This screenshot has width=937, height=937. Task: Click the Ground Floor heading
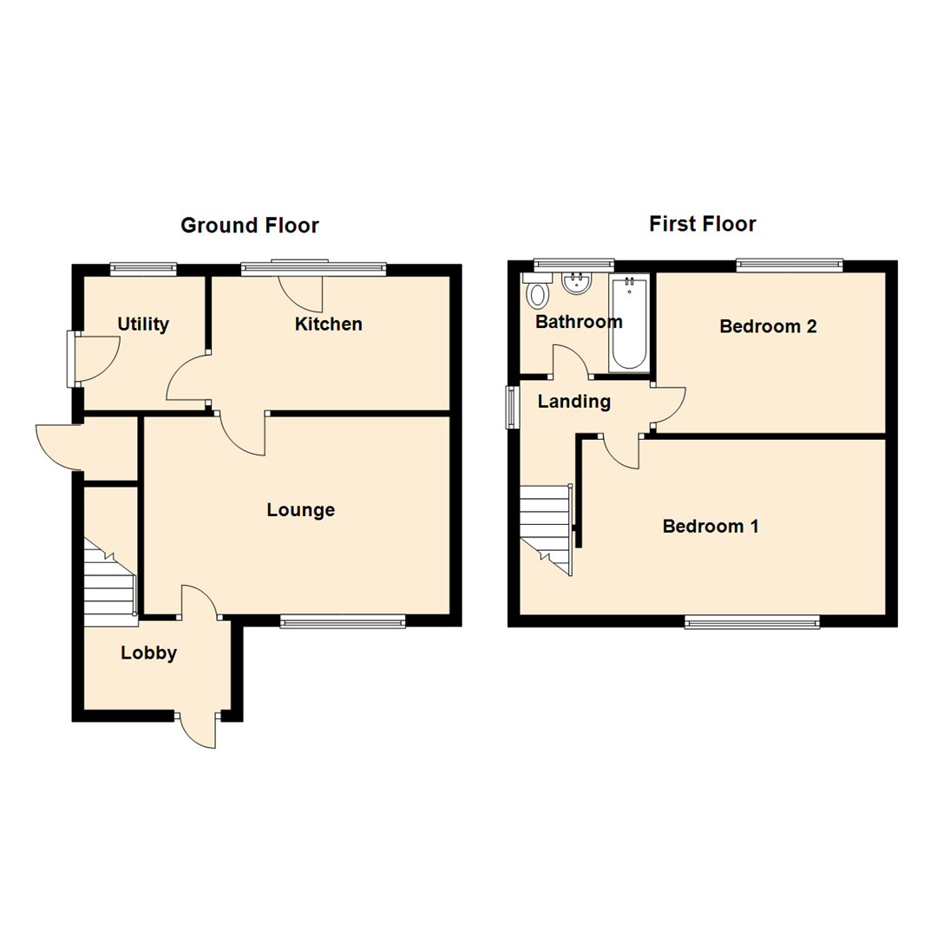(249, 226)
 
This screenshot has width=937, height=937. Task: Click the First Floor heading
(703, 224)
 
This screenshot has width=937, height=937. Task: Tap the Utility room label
(143, 324)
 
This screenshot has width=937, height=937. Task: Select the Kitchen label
(328, 324)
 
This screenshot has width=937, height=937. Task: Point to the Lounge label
(300, 510)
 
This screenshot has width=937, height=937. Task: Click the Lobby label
(148, 653)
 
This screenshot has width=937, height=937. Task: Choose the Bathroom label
(579, 322)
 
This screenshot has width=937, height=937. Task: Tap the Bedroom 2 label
(769, 327)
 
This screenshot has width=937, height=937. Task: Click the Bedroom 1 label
(711, 527)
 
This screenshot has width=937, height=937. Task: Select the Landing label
(573, 402)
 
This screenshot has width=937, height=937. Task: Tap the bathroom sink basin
(576, 284)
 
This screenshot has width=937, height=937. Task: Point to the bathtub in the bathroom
(628, 324)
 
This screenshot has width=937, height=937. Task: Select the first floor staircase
(546, 525)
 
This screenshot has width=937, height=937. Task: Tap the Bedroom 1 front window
(752, 620)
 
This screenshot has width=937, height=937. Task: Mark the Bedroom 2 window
(790, 265)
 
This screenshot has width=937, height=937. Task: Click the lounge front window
(343, 620)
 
